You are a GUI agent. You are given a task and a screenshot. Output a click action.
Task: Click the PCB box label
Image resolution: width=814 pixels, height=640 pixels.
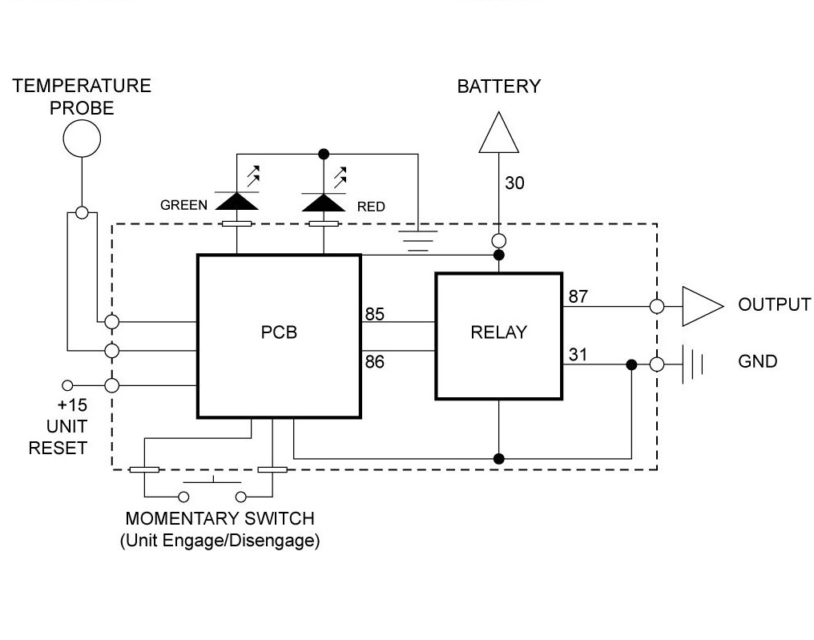click(279, 332)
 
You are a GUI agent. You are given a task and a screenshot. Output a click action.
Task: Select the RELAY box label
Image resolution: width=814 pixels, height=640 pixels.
click(498, 332)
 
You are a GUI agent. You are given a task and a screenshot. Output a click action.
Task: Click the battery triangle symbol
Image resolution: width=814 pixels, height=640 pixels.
click(498, 134)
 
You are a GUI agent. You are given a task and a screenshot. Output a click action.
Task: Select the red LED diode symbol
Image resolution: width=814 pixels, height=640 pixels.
click(324, 202)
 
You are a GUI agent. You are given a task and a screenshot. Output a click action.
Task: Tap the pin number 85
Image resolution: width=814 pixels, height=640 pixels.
click(374, 314)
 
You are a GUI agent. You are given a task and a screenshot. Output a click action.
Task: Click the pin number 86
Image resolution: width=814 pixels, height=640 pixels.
click(374, 362)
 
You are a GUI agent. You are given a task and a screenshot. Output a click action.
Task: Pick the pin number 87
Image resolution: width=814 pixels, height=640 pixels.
click(578, 296)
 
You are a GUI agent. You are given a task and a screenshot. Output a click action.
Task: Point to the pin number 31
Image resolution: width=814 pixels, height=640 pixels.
click(578, 354)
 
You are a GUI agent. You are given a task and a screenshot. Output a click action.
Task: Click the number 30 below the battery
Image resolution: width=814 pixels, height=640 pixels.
click(514, 183)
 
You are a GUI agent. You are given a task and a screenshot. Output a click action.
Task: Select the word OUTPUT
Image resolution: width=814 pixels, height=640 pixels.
click(774, 305)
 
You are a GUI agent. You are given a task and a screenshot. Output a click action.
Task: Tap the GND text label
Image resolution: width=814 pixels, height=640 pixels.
click(757, 362)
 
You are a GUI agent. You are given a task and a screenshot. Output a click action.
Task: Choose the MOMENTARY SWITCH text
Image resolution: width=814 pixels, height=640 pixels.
click(220, 519)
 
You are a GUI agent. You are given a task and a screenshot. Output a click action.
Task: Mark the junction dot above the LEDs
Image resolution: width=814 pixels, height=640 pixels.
click(324, 154)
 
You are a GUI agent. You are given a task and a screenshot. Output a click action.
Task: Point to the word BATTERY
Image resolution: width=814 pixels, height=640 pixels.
click(498, 87)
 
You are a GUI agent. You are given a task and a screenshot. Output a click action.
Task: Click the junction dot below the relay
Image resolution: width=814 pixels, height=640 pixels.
click(498, 459)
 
